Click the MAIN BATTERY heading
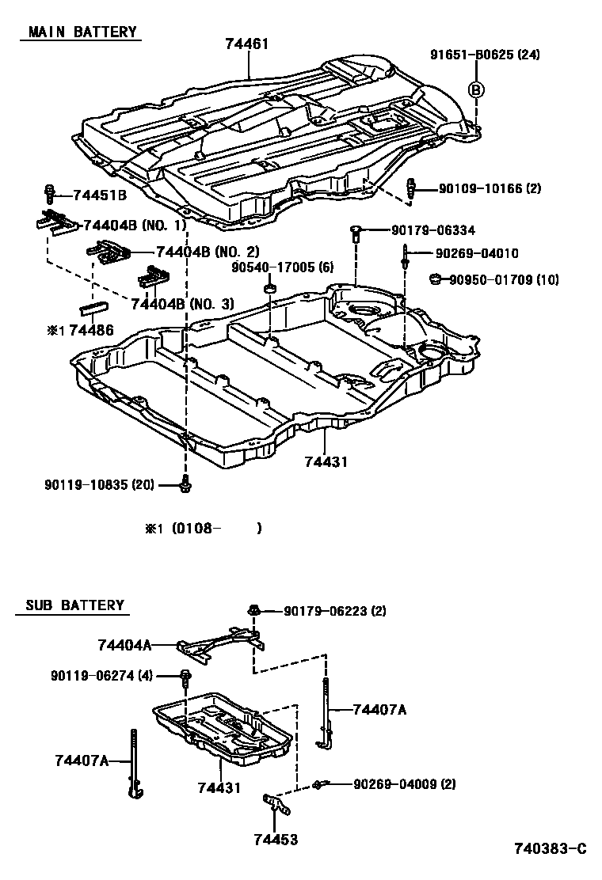click(82, 32)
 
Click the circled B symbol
click(476, 89)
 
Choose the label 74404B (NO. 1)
click(135, 225)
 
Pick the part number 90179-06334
click(432, 230)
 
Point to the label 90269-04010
click(477, 254)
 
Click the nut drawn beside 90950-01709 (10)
click(435, 279)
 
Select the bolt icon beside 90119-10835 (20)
click(185, 484)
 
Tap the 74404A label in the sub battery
click(124, 645)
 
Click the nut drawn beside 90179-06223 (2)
click(255, 610)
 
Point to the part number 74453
click(276, 840)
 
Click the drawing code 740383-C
click(549, 848)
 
